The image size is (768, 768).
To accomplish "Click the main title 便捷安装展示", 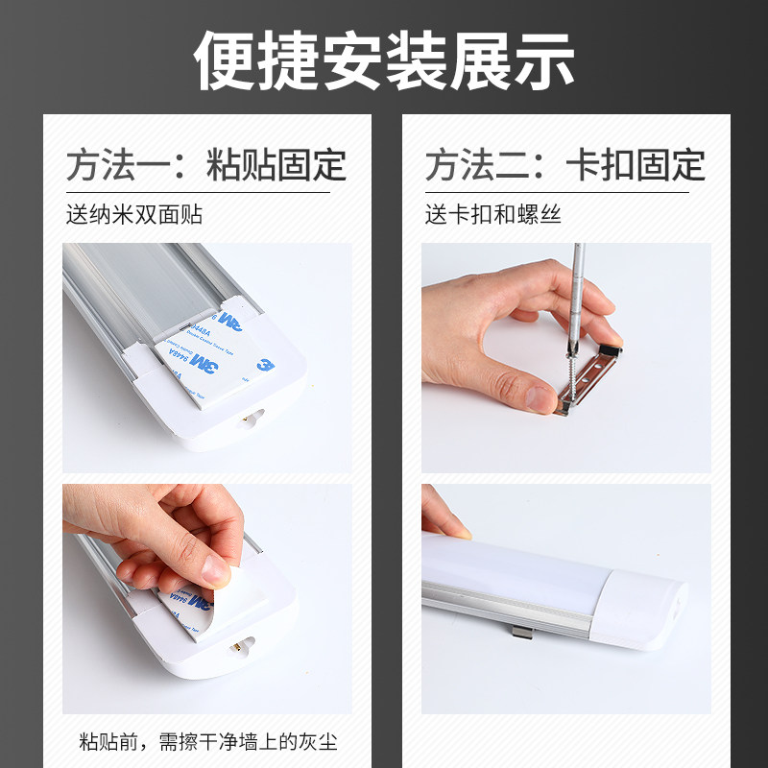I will [384, 60].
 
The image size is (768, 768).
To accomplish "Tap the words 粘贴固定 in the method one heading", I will [276, 165].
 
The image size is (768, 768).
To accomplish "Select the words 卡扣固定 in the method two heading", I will [636, 165].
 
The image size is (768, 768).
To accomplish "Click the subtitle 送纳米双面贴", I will [133, 214].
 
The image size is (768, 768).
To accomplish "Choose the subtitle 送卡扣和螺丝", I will [492, 214].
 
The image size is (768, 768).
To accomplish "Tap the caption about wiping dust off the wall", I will [207, 742].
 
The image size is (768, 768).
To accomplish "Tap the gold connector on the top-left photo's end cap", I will [255, 419].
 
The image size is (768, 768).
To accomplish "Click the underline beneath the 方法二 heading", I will [557, 193].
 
